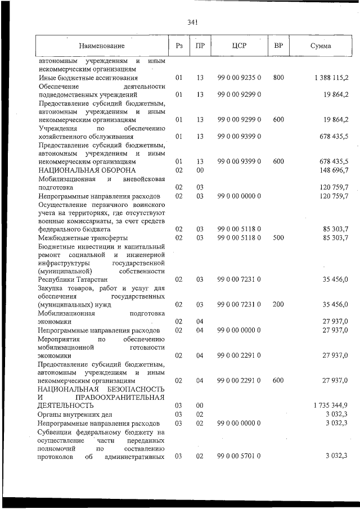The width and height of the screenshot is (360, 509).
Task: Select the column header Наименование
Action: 101,46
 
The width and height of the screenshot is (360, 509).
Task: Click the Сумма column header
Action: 321,46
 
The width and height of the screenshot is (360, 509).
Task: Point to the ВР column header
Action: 278,45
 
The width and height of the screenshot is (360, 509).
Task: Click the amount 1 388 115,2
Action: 332,78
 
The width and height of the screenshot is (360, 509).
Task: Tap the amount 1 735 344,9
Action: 332,405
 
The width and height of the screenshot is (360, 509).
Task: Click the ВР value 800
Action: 278,78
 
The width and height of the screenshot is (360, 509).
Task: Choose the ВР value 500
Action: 278,237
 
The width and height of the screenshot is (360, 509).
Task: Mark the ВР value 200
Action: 278,304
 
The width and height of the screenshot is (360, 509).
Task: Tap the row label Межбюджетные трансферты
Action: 83,237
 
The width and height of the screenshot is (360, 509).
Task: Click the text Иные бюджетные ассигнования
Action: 88,78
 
